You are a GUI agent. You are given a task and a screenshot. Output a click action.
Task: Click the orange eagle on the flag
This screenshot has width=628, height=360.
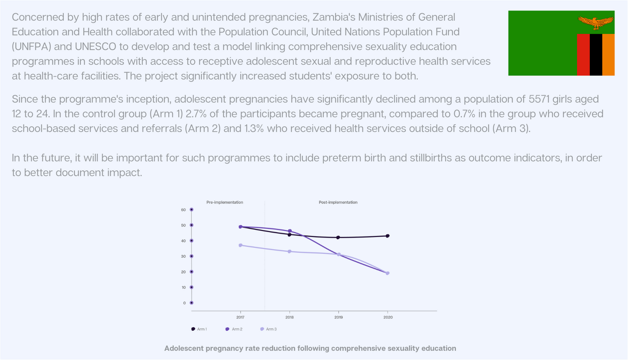coord(595,22)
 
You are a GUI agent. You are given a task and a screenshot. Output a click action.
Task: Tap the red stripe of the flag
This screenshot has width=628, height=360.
coord(583,55)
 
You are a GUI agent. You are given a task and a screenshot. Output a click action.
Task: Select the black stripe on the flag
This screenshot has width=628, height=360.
coord(596,55)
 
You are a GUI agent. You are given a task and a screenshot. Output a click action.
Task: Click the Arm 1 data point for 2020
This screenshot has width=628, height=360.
coord(388,236)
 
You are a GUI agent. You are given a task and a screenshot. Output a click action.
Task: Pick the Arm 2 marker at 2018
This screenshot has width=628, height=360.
coord(289,231)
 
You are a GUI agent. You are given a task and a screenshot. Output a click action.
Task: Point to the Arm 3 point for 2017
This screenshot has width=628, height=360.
coord(240,245)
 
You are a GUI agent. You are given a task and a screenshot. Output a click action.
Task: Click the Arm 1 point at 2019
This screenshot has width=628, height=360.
coord(338,237)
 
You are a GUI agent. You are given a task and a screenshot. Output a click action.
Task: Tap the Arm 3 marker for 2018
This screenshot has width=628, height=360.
coord(289,251)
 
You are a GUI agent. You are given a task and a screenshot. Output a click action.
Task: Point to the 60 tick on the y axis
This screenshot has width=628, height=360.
coord(183,210)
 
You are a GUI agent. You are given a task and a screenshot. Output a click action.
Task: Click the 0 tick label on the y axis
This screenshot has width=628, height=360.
coord(184,303)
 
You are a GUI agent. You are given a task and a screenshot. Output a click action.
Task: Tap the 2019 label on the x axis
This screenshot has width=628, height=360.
coord(339,317)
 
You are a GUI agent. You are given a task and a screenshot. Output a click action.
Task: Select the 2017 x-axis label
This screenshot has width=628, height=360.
coord(240,317)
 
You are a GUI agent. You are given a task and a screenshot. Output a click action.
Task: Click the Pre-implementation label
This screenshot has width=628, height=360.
coord(225,202)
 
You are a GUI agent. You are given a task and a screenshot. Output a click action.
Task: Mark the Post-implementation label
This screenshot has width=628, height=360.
coord(338,202)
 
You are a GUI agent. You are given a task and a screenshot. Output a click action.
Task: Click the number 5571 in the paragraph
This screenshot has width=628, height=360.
coord(539,99)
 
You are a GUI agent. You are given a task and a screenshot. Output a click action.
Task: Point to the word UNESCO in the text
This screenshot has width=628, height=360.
coord(95,47)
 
